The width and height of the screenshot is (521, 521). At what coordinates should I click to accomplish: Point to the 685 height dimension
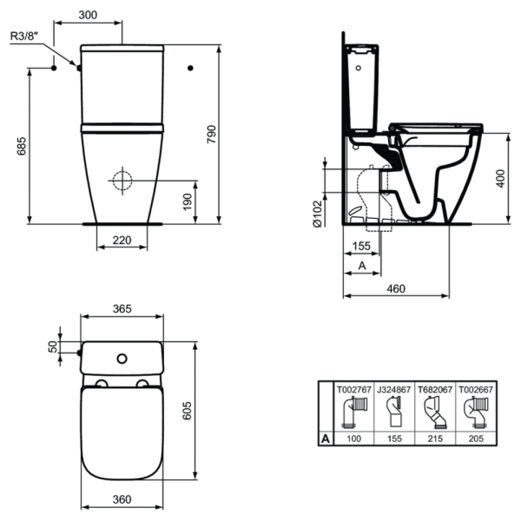21,148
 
